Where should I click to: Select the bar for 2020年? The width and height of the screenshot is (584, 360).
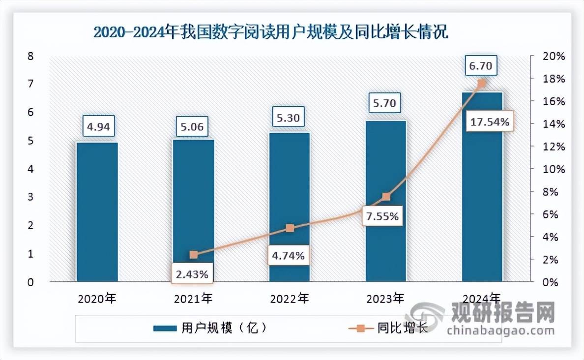point(97,211)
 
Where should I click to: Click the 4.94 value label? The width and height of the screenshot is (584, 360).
point(97,128)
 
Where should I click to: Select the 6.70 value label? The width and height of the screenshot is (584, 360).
point(482,66)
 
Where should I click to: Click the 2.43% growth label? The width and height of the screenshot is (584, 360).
point(193,274)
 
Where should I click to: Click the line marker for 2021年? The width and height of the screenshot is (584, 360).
point(194,255)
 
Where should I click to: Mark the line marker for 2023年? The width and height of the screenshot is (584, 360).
point(386,197)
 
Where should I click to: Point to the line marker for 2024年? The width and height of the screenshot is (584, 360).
point(482,84)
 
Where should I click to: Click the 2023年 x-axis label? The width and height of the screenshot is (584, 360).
point(386,298)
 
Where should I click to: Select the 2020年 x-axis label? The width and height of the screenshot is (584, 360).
point(97,298)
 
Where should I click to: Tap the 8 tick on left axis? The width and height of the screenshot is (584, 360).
point(30,56)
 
